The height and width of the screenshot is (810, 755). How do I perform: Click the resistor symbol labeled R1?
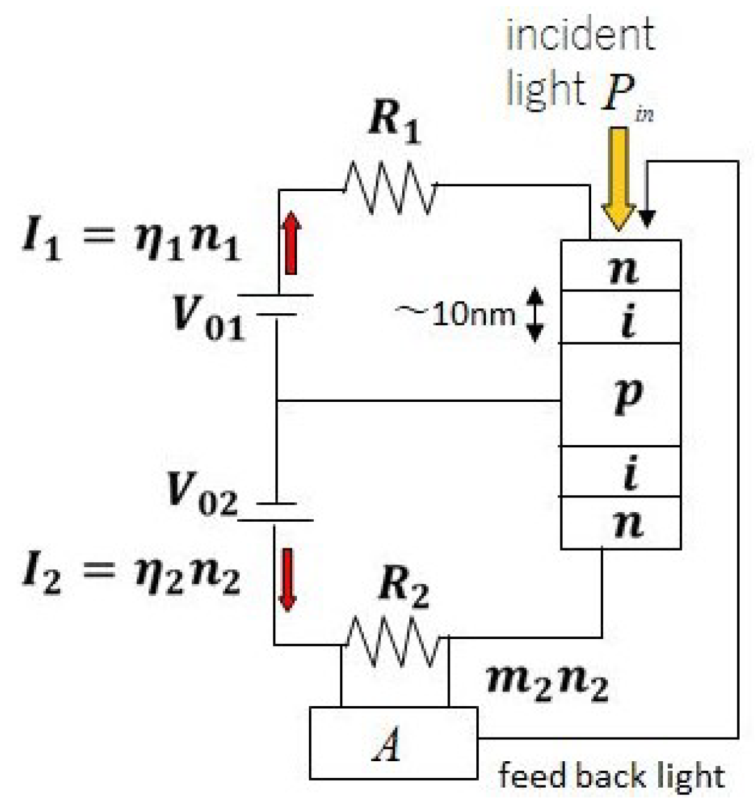coord(390,187)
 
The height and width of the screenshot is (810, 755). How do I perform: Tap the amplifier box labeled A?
coord(393,743)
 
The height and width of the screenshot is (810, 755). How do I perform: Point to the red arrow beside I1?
coord(291,243)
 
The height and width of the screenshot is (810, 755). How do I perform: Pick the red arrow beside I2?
coord(287,578)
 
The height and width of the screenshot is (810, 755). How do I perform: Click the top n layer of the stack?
coord(621,266)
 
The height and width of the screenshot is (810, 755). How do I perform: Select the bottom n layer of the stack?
coord(621,523)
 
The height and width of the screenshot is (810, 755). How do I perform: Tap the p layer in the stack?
coord(621,395)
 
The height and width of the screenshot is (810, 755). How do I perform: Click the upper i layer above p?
coord(621,317)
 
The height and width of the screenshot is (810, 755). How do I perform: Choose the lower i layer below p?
coord(621,472)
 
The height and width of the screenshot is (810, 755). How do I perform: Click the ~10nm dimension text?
coord(457,313)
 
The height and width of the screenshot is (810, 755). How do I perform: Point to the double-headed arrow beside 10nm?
coord(533,315)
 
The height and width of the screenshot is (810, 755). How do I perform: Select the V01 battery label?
coord(208,317)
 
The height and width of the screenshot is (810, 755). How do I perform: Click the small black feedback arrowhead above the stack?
coord(647,218)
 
